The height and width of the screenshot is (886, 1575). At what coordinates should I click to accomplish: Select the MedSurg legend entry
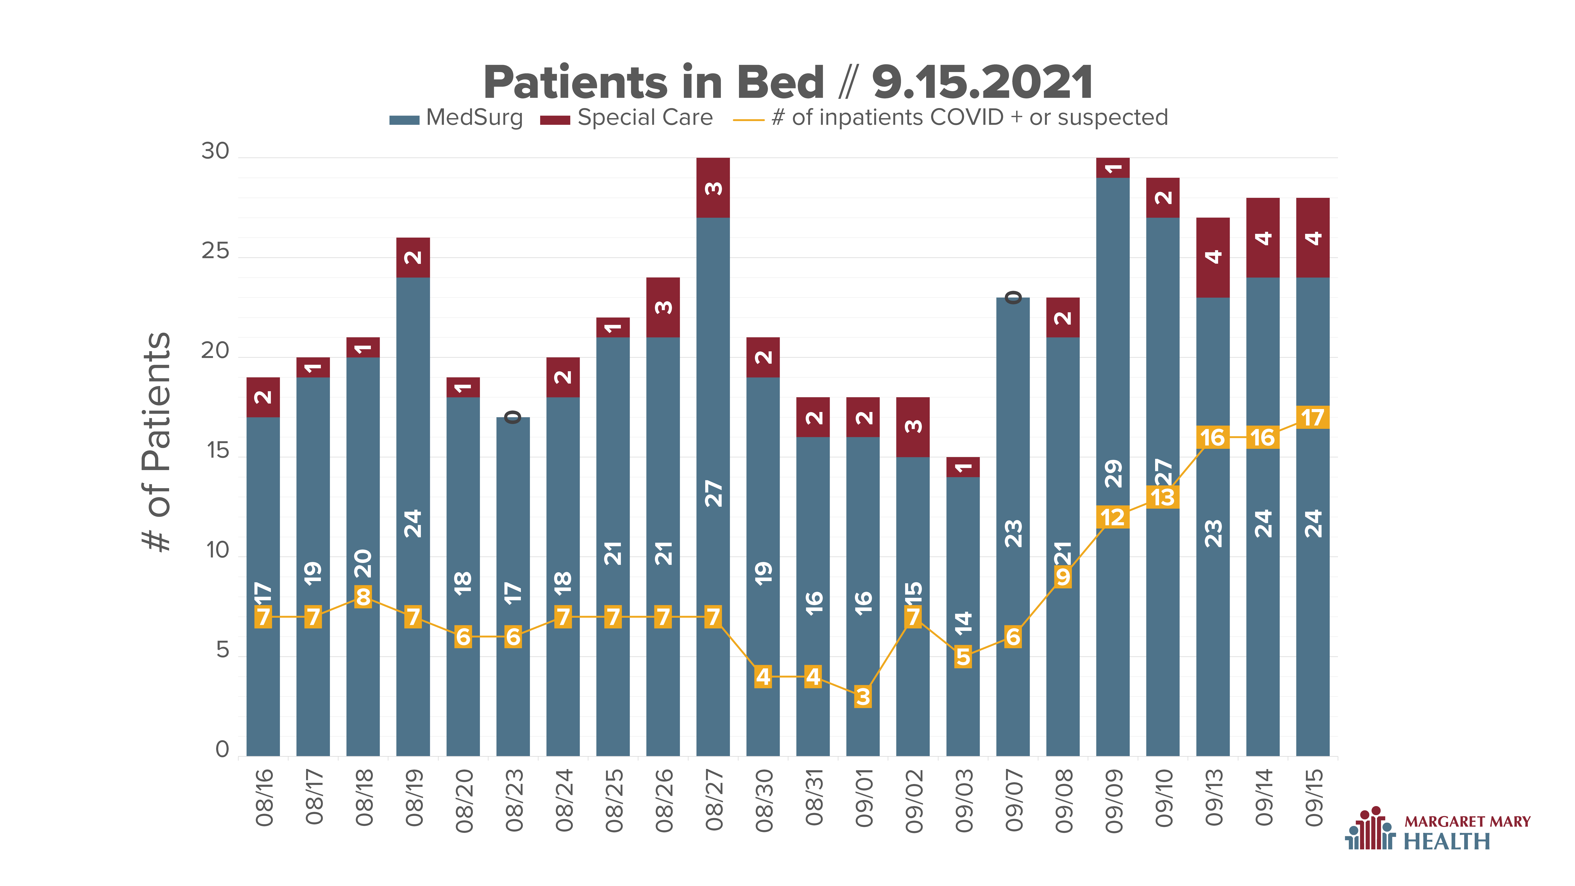(456, 117)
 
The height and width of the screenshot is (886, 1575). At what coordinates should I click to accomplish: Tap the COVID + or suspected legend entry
(951, 117)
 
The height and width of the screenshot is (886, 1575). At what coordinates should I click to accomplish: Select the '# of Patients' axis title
(156, 442)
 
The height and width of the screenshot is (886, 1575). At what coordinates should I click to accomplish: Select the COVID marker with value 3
(863, 696)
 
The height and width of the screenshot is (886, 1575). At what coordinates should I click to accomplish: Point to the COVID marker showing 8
(363, 597)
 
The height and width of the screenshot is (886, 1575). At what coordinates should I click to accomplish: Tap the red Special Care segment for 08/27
(713, 188)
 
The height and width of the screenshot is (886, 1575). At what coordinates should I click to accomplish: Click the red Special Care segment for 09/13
(1213, 257)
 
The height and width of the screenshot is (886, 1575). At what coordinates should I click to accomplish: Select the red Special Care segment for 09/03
(963, 467)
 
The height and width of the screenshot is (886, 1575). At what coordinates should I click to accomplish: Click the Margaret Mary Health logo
(1437, 829)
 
